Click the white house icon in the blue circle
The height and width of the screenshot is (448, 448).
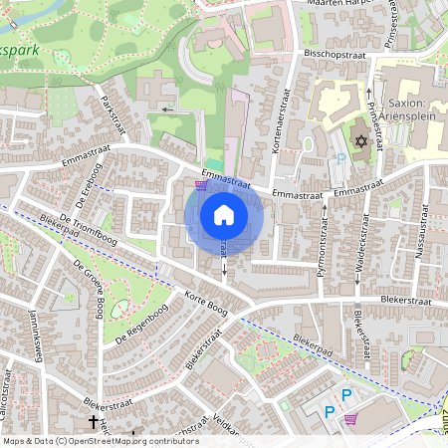pyautogui.click(x=224, y=214)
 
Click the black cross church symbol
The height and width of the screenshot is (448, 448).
pyautogui.click(x=95, y=422)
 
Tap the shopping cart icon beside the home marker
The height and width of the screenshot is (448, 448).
pyautogui.click(x=201, y=184)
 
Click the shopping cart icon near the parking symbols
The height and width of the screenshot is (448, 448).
pyautogui.click(x=350, y=419)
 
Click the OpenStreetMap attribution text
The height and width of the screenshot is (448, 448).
pyautogui.click(x=100, y=441)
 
